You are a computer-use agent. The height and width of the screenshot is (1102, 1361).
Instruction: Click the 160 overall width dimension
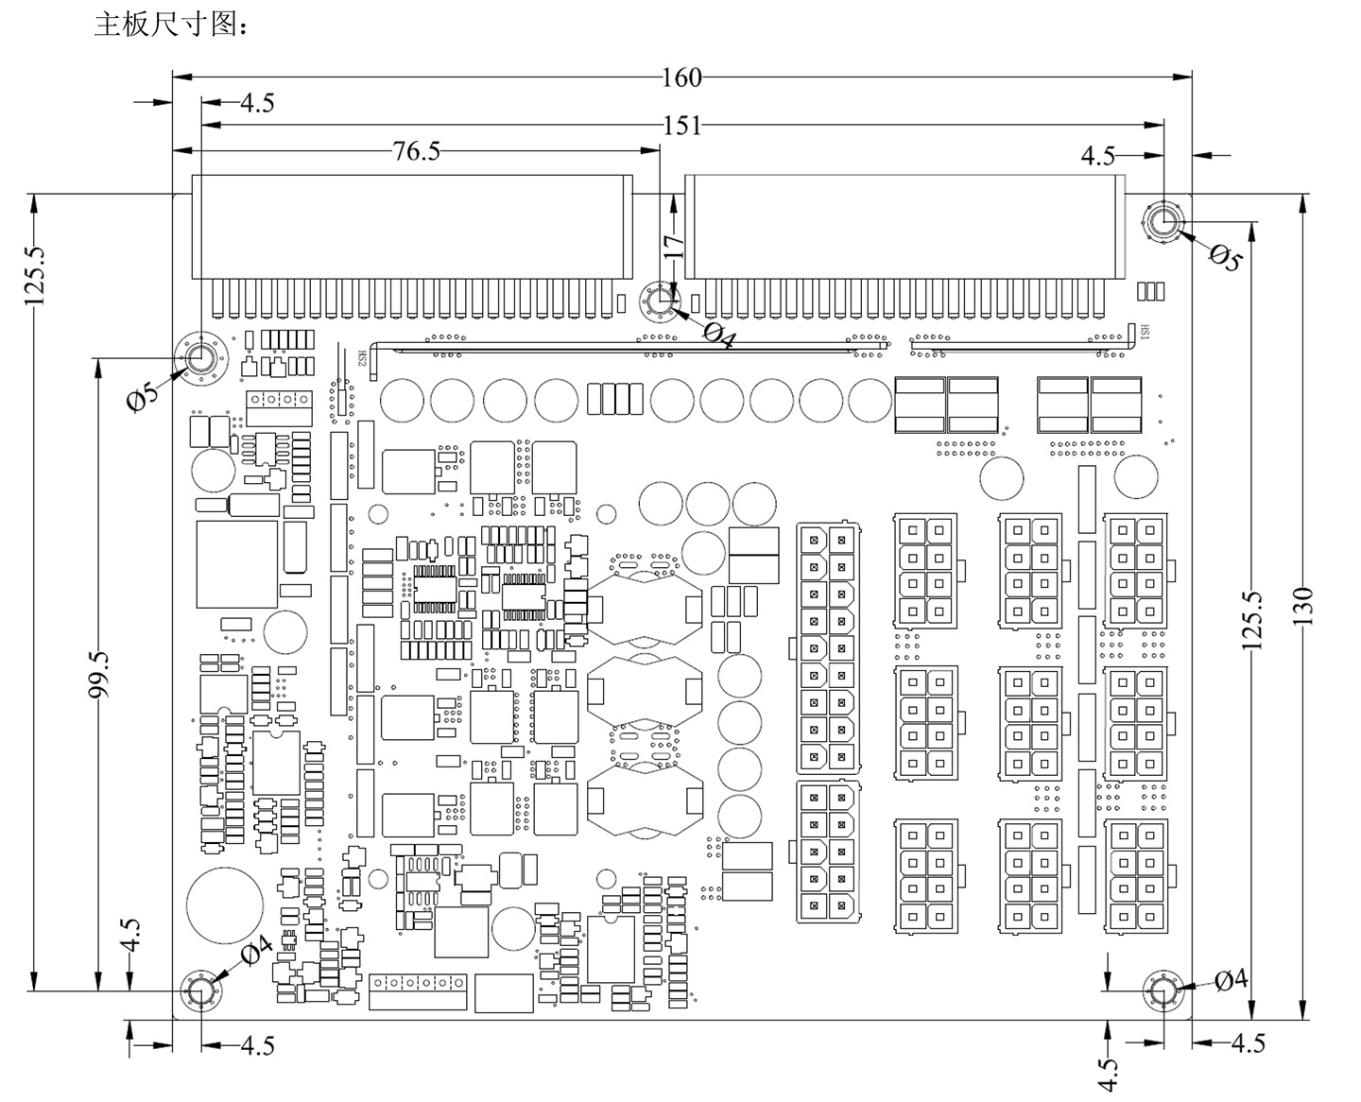681,77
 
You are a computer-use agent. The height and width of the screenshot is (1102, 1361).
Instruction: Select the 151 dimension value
681,125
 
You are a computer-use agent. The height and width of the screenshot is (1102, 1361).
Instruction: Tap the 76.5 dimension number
417,150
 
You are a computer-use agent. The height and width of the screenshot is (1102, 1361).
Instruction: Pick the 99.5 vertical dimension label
98,674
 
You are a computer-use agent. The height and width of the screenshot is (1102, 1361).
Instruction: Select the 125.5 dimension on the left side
35,275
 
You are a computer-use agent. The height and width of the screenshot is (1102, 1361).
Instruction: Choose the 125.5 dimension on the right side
1252,620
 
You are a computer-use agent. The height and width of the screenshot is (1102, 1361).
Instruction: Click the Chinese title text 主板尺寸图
170,25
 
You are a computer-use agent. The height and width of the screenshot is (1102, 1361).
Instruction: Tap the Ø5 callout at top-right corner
1225,257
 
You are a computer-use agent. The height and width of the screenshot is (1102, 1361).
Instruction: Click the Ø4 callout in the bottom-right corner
1231,980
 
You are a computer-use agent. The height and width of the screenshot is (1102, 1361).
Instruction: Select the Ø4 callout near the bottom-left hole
256,950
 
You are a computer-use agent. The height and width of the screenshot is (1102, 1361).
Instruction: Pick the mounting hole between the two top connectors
660,302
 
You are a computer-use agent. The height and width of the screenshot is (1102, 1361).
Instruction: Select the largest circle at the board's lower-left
225,904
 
